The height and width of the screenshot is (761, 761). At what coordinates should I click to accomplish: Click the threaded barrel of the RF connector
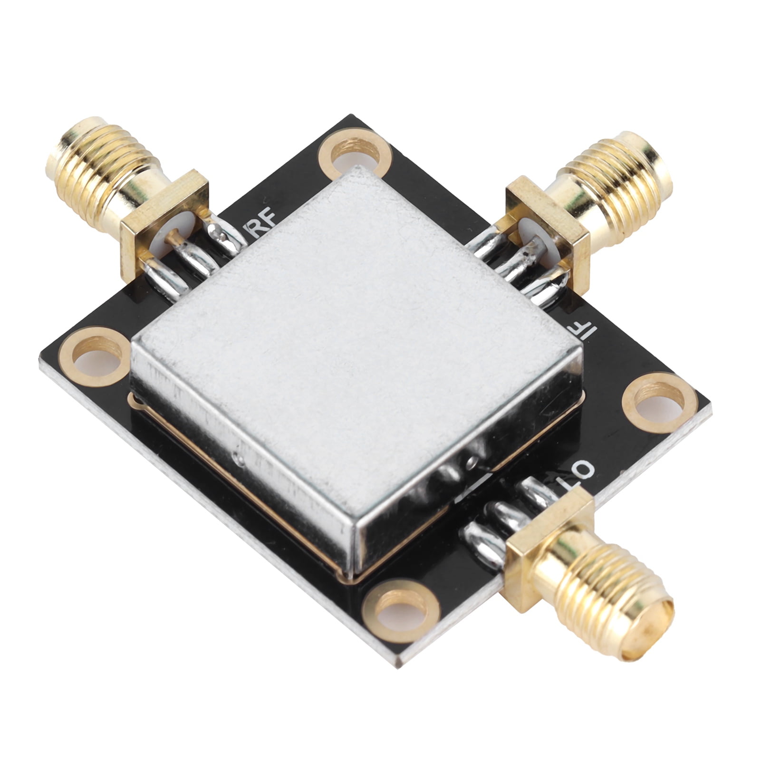(100, 164)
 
